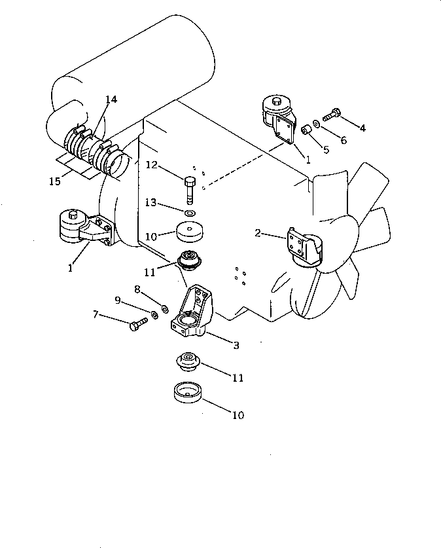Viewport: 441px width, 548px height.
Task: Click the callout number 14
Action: (x=111, y=100)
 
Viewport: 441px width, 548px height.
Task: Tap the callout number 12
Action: (x=151, y=165)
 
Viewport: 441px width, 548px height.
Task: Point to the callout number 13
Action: (x=151, y=204)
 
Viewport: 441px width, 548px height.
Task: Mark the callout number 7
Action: (x=96, y=316)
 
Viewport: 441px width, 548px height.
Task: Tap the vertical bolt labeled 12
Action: (x=190, y=189)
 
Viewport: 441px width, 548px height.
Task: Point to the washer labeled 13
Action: (x=190, y=213)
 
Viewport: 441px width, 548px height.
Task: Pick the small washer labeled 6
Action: (x=317, y=122)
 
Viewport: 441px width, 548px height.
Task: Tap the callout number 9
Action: (x=118, y=301)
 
